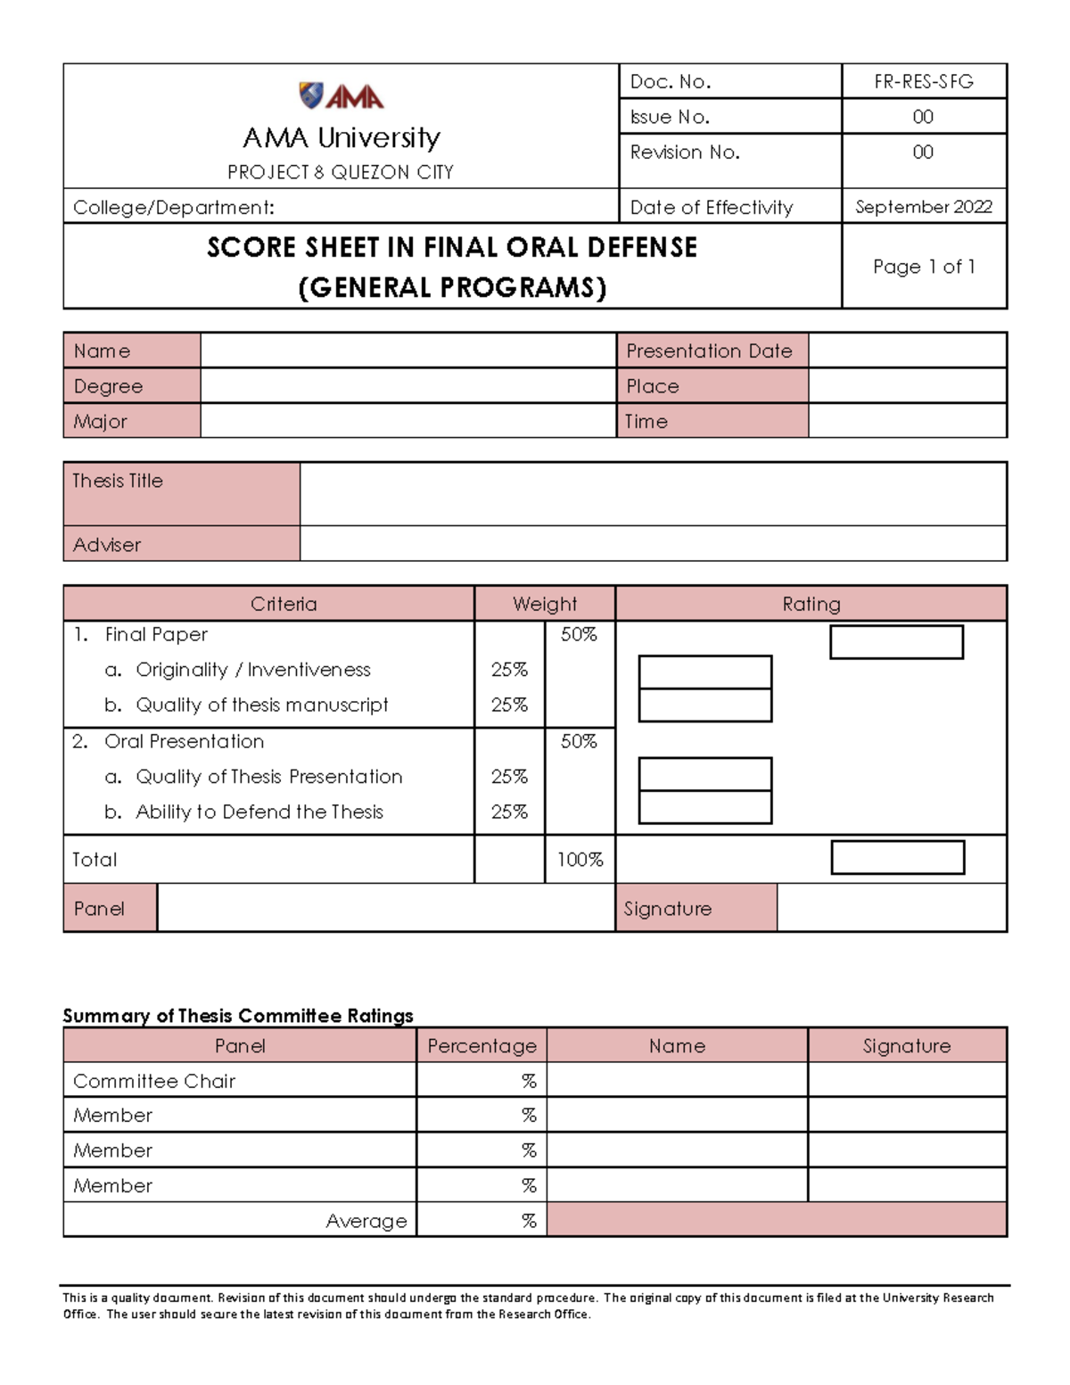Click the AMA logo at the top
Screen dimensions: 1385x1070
(341, 95)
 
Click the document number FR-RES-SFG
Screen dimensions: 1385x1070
(923, 82)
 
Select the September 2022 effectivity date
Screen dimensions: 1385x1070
(923, 207)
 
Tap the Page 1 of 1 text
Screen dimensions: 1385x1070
(923, 267)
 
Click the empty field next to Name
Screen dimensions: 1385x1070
(407, 350)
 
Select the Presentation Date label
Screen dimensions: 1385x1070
(709, 350)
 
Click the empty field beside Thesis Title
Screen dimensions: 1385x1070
(653, 493)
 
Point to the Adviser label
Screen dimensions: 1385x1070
(107, 544)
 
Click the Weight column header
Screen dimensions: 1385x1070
(544, 604)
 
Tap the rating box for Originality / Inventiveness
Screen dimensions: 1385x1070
(704, 672)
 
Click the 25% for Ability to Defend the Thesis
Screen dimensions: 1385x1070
(509, 812)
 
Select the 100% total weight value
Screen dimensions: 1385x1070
(580, 860)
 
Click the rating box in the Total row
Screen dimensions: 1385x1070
(897, 858)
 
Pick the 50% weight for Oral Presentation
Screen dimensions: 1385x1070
(579, 741)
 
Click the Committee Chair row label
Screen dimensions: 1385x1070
(154, 1081)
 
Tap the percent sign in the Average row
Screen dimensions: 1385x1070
(529, 1221)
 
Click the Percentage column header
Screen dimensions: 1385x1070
(481, 1045)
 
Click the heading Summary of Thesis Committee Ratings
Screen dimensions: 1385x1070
(238, 1016)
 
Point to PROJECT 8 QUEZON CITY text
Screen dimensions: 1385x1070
(341, 172)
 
